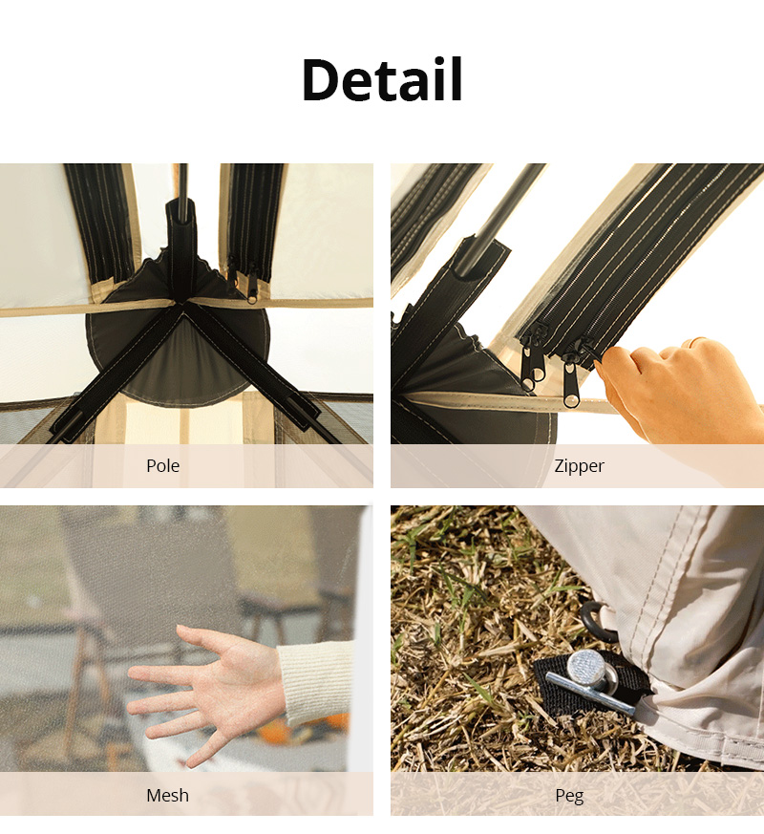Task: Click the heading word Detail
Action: tap(382, 80)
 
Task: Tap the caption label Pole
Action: tap(162, 465)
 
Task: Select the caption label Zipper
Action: tap(579, 465)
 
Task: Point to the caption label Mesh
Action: tap(167, 795)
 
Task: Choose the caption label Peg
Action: tap(569, 796)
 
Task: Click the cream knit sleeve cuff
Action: tap(315, 682)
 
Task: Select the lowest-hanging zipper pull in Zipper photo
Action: tap(571, 386)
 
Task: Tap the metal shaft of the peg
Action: tap(590, 692)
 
